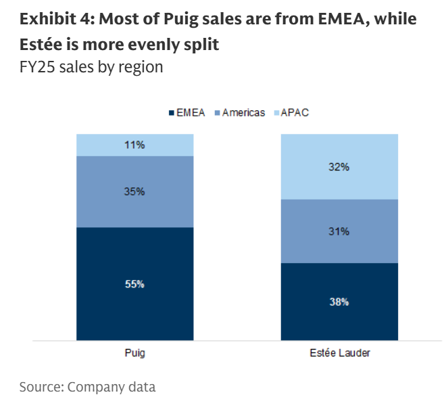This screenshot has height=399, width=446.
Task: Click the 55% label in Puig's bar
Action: (x=134, y=284)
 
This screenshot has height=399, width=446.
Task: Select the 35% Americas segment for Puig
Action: (x=134, y=191)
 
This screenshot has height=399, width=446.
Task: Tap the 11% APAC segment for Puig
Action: (x=134, y=145)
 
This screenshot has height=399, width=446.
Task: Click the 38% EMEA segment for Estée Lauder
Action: (x=339, y=302)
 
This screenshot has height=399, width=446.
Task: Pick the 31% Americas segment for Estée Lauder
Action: (x=339, y=231)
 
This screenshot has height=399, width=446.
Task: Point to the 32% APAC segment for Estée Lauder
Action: (x=339, y=166)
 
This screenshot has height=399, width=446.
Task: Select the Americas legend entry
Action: (x=239, y=112)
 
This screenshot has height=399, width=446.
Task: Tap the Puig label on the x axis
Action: (x=134, y=353)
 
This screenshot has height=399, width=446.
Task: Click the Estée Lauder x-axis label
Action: (x=339, y=353)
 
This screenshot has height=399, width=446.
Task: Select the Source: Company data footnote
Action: (x=87, y=387)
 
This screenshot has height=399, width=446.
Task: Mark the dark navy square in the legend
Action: (x=171, y=112)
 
